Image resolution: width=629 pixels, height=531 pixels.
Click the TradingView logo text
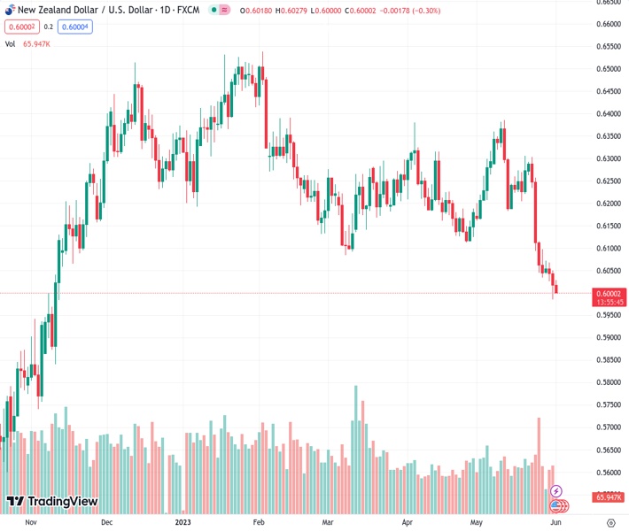62,502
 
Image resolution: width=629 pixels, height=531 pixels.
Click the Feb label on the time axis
259,522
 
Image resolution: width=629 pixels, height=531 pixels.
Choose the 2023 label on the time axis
183,522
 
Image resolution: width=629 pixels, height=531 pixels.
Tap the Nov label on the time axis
31,522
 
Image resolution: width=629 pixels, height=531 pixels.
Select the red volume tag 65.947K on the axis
608,497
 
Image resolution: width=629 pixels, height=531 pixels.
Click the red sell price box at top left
20,27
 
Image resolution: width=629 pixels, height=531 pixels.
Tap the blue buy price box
76,27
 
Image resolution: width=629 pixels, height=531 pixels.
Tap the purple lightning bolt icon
555,490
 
